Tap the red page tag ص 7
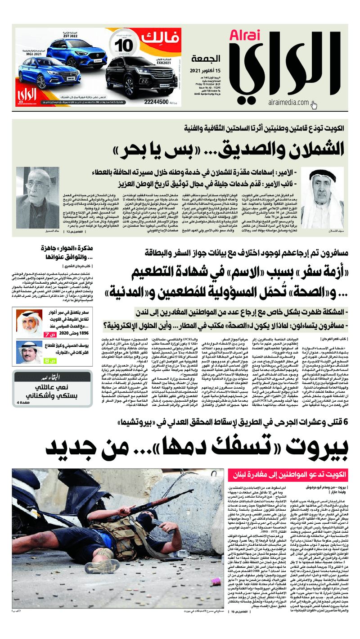pos(48,334)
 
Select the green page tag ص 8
pos(48,360)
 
